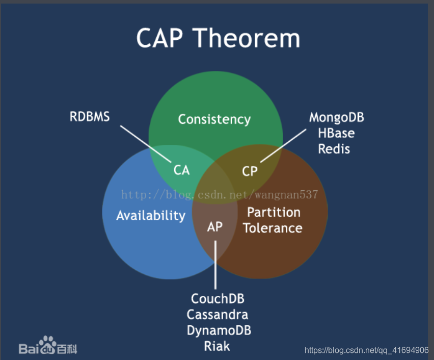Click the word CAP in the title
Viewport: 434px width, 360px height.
tap(161, 38)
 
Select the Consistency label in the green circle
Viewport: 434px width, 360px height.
tap(214, 119)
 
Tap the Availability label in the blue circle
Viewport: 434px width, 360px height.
tap(151, 215)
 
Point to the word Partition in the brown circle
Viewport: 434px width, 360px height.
tap(274, 212)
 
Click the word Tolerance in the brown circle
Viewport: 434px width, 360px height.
tap(273, 227)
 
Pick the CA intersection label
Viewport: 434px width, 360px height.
tap(182, 170)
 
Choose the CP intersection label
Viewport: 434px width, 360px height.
tap(250, 171)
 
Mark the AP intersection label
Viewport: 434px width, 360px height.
tap(215, 226)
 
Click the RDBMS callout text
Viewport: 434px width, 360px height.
tap(90, 117)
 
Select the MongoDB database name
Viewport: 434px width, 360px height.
tap(337, 118)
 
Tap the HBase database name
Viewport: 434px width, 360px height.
tap(336, 133)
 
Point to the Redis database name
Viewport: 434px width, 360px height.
tap(334, 148)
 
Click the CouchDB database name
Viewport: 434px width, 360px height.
tap(218, 298)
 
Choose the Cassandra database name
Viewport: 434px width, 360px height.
tap(218, 314)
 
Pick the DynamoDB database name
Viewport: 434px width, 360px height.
tap(219, 330)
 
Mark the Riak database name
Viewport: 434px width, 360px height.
tap(217, 346)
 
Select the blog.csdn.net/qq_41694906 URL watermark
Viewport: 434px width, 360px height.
tap(366, 350)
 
